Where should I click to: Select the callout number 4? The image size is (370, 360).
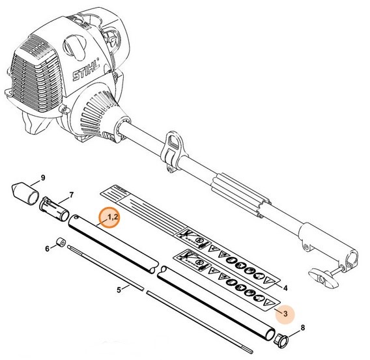285,287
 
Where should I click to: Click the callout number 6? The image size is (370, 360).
48,249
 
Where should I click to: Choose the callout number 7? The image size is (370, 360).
72,195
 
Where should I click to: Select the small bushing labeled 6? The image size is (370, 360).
60,243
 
